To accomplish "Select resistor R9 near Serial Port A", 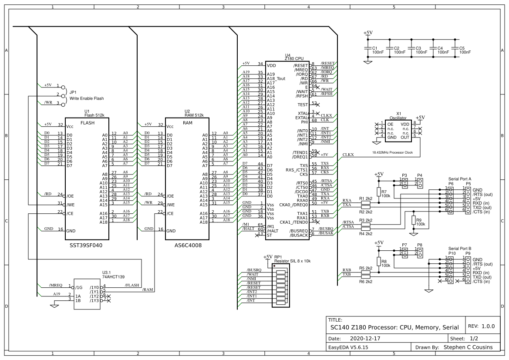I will click(x=413, y=221).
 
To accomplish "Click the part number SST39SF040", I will click(x=86, y=246).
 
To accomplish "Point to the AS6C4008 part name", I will click(x=188, y=246).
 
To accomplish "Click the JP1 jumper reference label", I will click(x=73, y=92).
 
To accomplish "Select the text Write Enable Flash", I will click(x=87, y=98).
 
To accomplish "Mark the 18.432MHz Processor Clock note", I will click(x=392, y=153).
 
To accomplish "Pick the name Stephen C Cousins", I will click(x=468, y=347).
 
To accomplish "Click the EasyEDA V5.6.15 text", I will click(x=349, y=347).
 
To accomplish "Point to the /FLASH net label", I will click(x=132, y=286).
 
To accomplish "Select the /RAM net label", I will click(x=148, y=290).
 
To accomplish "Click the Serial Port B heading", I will click(x=460, y=248).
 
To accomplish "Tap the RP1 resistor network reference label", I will click(x=278, y=257).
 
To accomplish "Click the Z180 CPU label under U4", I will click(x=294, y=58).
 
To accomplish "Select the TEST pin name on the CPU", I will click(x=303, y=105).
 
